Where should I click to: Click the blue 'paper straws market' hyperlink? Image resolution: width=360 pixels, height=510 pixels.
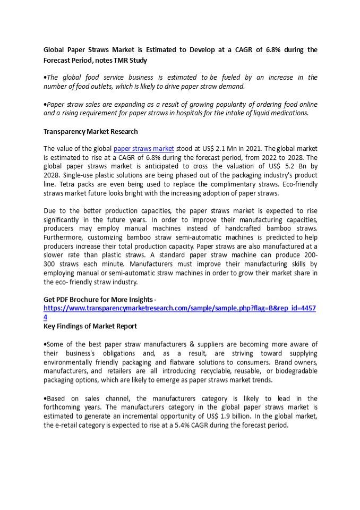coord(143,149)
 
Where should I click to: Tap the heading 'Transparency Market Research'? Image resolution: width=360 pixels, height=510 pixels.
coord(90,131)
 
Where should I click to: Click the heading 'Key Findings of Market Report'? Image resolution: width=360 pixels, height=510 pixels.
coord(90,326)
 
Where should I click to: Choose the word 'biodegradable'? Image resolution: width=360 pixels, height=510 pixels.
coord(295,371)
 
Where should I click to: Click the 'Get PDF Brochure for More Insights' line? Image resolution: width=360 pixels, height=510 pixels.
coord(98,300)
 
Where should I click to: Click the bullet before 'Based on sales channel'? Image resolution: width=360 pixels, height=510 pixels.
coord(45,398)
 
